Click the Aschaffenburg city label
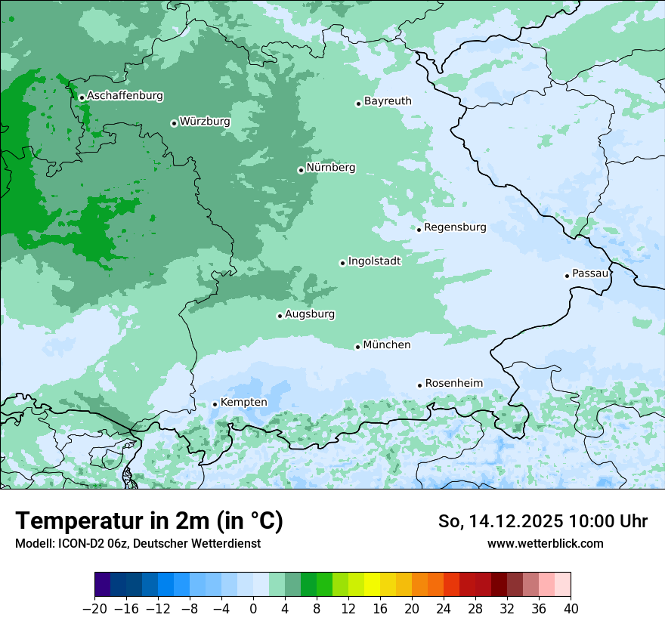pos(125,96)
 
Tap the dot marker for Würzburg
pos(174,123)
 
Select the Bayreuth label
pos(388,101)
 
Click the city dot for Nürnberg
pos(301,170)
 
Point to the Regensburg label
pos(455,227)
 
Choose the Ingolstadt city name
pos(374,261)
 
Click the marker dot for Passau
pos(567,276)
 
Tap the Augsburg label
pos(310,314)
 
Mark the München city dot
pos(357,347)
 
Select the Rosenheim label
pos(453,384)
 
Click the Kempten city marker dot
pos(215,404)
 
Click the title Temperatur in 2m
pos(149,521)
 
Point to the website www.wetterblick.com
pos(545,544)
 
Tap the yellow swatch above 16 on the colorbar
pos(380,585)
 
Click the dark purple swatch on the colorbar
pos(102,585)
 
